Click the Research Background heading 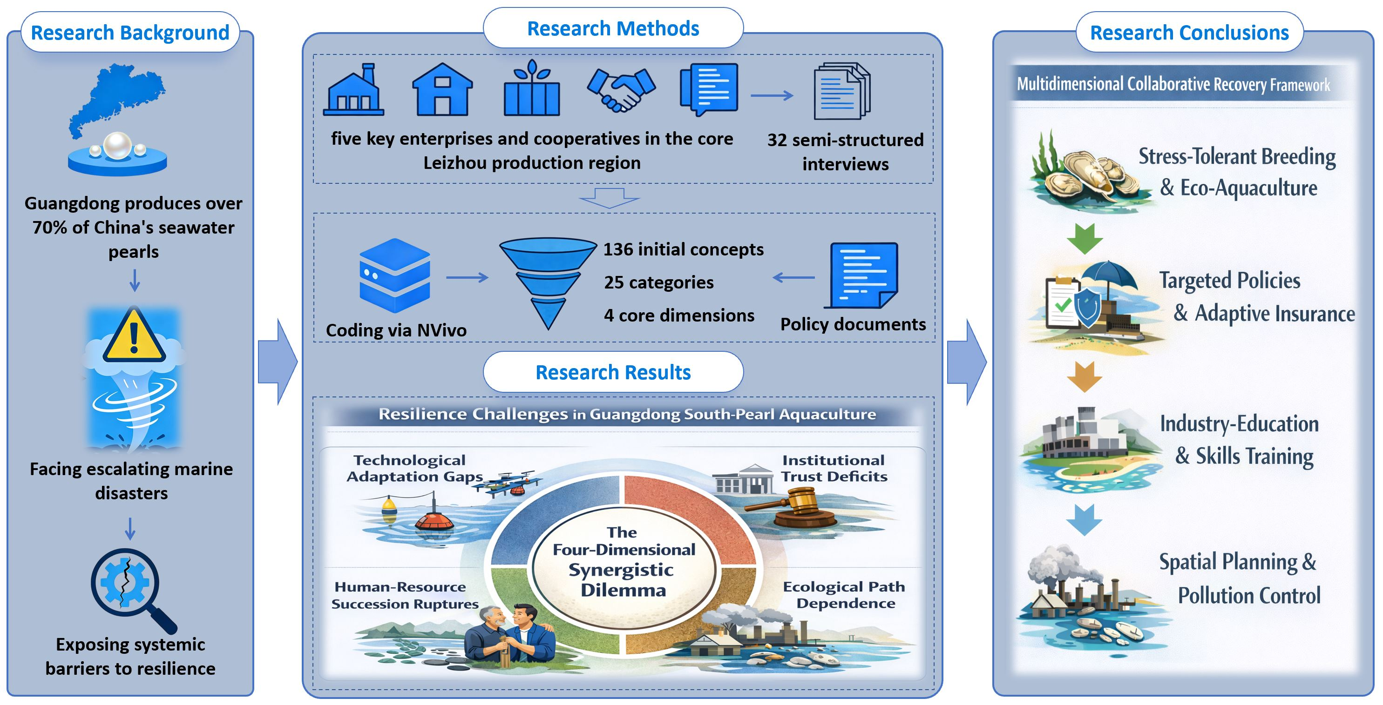[130, 33]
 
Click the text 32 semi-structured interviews [845, 152]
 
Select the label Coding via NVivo [396, 330]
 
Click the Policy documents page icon [861, 275]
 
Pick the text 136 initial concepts [683, 249]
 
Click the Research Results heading [613, 372]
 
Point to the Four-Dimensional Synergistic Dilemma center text [623, 561]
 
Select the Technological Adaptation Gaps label [414, 469]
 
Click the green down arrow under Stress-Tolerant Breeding [1085, 239]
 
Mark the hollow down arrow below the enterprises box [610, 197]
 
